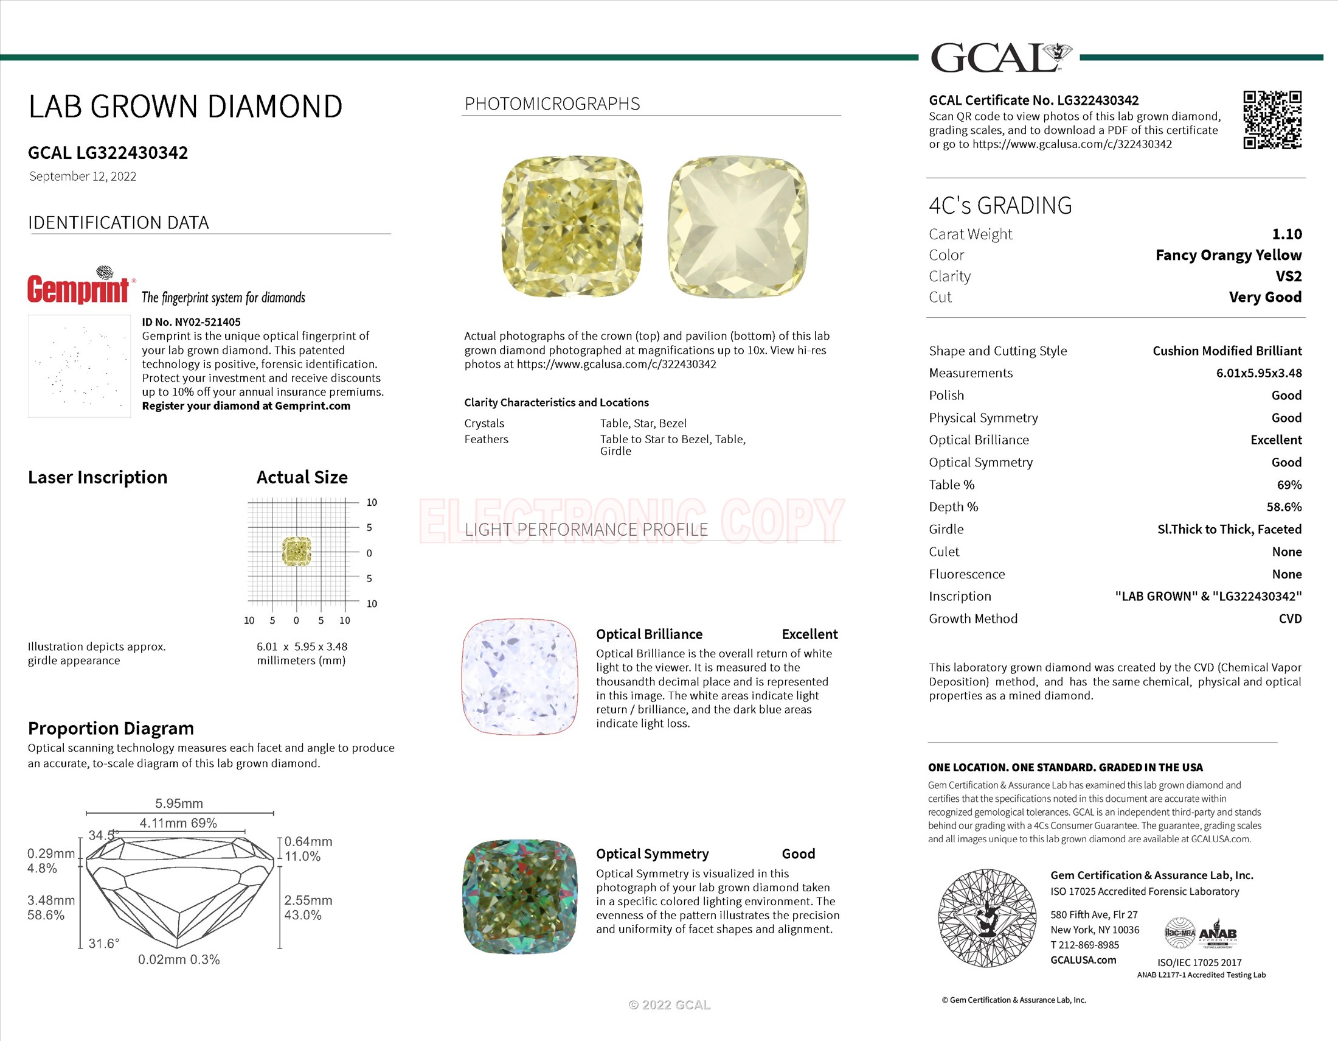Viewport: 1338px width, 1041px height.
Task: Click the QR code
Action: pos(1272,119)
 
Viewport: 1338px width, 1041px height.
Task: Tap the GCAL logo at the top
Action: pos(1000,58)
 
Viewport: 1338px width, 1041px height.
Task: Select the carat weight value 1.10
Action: pos(1286,234)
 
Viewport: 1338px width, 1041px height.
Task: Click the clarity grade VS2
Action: pos(1288,276)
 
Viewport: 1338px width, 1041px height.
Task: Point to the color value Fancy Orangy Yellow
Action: pos(1229,255)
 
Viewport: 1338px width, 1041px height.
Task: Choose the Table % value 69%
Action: pos(1289,485)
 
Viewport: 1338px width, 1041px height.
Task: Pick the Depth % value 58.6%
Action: pos(1284,507)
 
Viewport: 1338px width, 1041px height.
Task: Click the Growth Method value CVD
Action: pos(1289,619)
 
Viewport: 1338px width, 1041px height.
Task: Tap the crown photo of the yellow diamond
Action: pos(572,226)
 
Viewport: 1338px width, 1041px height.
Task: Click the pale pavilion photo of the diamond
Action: pos(738,226)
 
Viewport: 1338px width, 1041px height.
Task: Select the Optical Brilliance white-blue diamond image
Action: pos(519,676)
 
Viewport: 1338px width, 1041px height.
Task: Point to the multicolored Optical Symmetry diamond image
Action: pos(519,896)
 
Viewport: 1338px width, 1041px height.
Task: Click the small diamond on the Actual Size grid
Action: pos(297,551)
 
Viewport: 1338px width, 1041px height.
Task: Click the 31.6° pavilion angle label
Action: pos(103,943)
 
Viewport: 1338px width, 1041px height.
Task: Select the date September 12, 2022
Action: pos(83,177)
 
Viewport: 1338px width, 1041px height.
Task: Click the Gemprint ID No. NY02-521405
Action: pos(191,322)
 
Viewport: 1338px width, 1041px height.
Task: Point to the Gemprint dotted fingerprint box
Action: pos(79,366)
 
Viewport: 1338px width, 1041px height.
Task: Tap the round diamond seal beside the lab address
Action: pos(986,918)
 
